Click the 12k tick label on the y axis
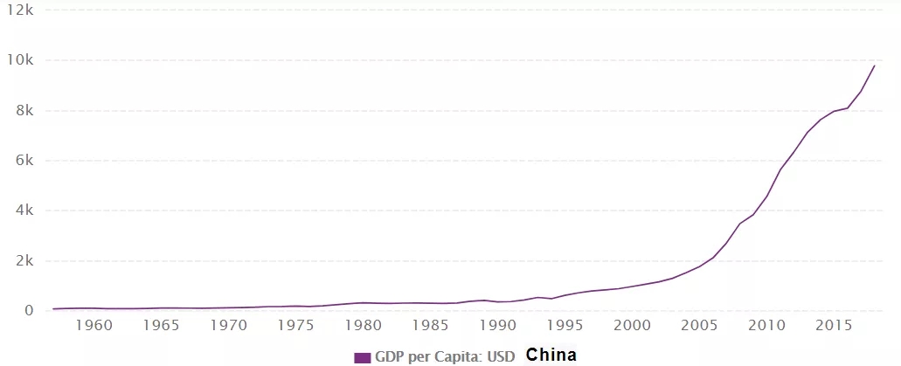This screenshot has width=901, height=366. coord(18,10)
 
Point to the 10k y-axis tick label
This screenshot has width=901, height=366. coord(18,60)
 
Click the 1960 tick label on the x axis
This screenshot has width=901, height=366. coord(94,325)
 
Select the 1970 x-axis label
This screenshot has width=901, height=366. coord(229,325)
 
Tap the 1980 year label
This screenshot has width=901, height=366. coord(364,325)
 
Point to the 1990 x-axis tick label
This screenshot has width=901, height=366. coord(498,325)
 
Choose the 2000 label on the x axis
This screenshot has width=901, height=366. coord(633,325)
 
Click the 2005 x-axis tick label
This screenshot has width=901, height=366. coord(700,325)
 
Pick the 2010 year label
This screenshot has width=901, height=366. coord(767,325)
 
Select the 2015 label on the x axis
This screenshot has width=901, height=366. coord(835,325)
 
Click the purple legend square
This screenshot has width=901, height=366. coord(363,357)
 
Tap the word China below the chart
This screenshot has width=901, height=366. coord(551,356)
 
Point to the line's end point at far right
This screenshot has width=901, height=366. coord(875,66)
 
